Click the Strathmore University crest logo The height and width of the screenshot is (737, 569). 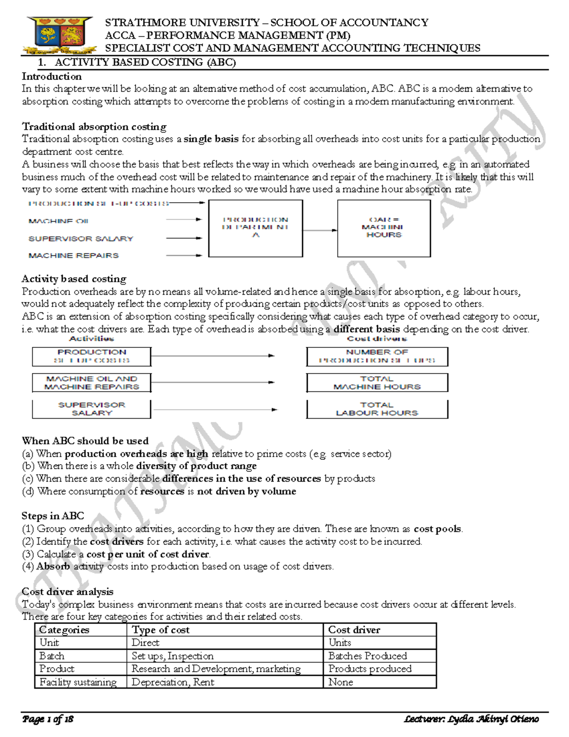click(59, 36)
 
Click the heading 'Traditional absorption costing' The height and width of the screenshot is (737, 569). click(94, 127)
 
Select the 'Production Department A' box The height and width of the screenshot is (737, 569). click(256, 228)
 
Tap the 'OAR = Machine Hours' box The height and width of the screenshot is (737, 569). click(384, 228)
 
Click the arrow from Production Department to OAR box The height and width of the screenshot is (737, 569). click(320, 230)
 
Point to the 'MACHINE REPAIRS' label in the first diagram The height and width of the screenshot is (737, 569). click(73, 255)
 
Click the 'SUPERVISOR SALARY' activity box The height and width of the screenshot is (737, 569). click(92, 409)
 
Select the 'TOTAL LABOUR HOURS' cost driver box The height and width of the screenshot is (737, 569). click(377, 409)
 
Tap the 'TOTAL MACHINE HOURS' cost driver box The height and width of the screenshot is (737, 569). click(377, 382)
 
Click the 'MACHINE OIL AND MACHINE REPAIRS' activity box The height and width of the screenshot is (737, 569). click(92, 382)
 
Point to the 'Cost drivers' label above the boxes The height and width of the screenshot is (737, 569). click(377, 338)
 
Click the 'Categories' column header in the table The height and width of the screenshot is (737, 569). click(64, 630)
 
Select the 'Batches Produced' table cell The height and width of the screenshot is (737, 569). click(367, 656)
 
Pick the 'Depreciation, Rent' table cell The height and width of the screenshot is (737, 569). click(173, 682)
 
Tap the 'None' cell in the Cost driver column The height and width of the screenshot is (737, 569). click(340, 682)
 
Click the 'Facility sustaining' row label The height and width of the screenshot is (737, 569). click(78, 682)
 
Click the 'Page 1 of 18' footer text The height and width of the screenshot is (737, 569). click(47, 719)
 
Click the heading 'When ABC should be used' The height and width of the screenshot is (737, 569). click(85, 441)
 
